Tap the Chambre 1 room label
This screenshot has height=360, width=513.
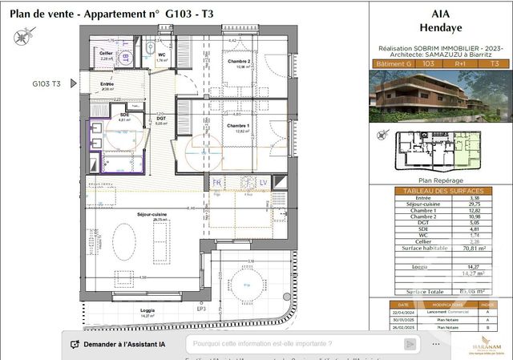tap(238, 125)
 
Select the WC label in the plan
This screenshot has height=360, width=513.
tap(161, 55)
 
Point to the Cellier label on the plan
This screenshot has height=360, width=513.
tap(106, 53)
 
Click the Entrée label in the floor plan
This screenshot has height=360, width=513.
tap(107, 84)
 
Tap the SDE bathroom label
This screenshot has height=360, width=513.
tap(124, 115)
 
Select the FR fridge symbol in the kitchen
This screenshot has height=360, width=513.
tap(216, 183)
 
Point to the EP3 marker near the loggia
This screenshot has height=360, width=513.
tap(202, 309)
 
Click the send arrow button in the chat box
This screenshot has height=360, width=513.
tap(410, 344)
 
